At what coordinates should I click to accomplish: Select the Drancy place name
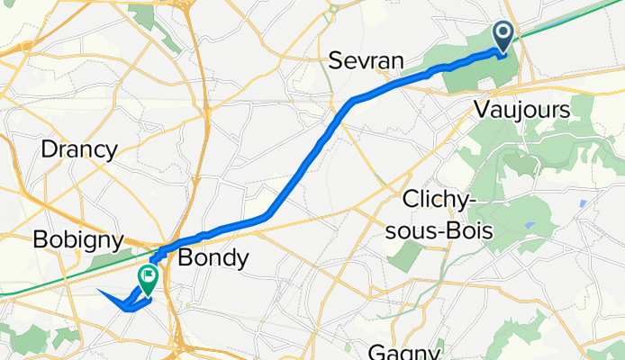79,149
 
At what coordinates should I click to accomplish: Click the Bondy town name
213,258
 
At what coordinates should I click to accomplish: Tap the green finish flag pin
147,276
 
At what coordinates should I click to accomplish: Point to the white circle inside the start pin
503,34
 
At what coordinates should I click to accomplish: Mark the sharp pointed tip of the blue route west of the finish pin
96,292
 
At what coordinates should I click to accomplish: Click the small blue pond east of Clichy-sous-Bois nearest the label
530,225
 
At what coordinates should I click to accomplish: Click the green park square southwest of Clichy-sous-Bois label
403,255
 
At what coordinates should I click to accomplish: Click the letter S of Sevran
334,61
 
